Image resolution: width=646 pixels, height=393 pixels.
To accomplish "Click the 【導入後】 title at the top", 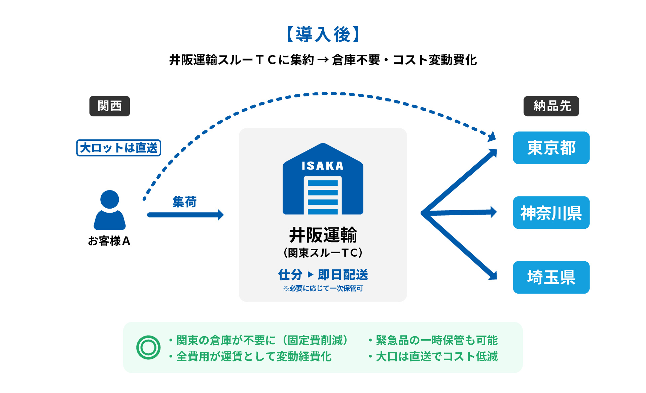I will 323,35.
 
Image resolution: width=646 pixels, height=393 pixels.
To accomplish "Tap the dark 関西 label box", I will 109,106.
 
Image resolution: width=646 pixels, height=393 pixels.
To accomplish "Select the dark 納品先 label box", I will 551,106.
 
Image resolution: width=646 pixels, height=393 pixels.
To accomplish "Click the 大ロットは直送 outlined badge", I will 119,148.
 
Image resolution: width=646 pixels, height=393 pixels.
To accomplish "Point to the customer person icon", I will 110,210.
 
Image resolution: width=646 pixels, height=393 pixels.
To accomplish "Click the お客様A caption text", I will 109,241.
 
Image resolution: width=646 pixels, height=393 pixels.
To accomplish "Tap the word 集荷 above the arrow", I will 184,202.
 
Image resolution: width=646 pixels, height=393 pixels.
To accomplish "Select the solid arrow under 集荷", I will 185,215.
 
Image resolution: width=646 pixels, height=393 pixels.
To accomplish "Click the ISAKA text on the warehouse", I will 323,166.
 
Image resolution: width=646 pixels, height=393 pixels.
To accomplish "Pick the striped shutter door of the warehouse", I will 323,196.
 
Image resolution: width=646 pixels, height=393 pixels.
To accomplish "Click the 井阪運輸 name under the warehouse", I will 323,235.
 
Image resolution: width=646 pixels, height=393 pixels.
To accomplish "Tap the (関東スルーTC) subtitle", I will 323,253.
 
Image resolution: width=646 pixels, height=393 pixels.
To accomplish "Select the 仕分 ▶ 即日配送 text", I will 323,275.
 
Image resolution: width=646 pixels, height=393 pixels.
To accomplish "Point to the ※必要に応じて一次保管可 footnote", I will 323,288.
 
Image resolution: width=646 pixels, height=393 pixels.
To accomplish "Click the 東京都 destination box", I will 551,148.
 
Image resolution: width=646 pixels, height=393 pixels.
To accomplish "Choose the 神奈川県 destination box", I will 551,213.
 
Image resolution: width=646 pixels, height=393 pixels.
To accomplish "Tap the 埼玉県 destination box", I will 551,277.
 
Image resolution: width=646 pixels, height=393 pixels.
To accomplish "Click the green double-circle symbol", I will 148,347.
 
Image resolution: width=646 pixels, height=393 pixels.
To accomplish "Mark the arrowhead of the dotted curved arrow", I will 492,137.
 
